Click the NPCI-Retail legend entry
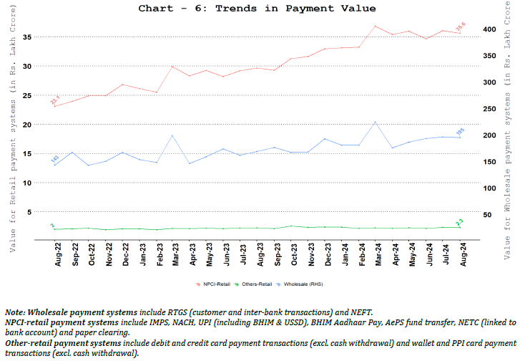click(217, 284)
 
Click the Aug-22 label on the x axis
click(59, 255)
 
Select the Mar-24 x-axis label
click(376, 255)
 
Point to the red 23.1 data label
click(55, 100)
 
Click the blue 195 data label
click(461, 131)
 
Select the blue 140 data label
click(54, 160)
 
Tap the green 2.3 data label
click(459, 223)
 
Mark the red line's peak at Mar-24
click(376, 27)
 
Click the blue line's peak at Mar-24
click(376, 122)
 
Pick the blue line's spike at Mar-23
click(172, 135)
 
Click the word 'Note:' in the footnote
click(14, 313)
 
